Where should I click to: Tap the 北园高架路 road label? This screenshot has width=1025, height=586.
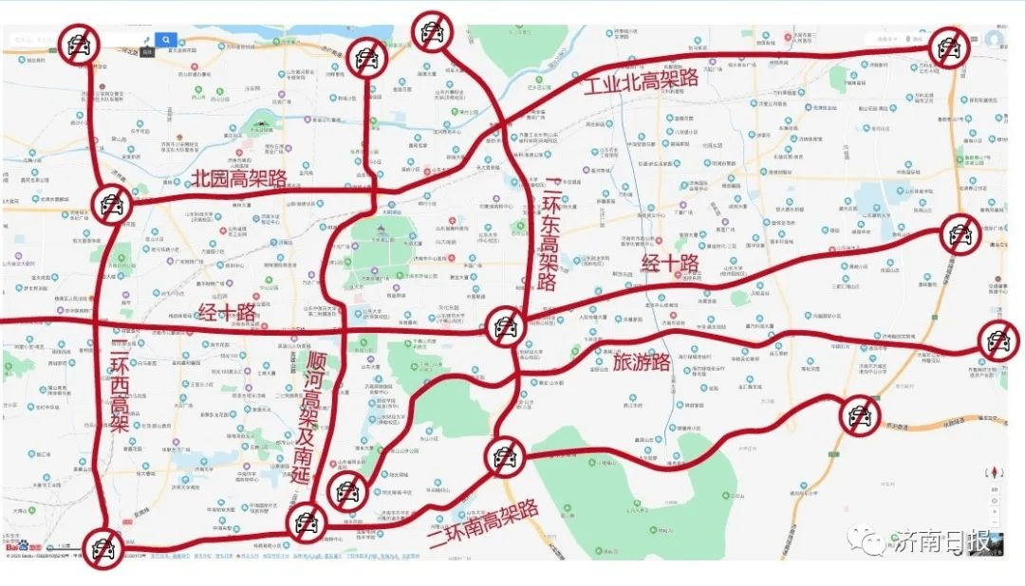click(x=239, y=177)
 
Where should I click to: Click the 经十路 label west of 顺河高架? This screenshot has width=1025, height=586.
click(x=227, y=312)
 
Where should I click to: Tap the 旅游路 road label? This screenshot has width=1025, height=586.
click(x=642, y=361)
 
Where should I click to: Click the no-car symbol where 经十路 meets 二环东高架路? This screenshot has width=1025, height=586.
click(x=506, y=327)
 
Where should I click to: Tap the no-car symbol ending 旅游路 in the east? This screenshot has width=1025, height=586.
click(x=997, y=340)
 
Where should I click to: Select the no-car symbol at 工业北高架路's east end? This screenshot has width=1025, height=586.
click(x=948, y=47)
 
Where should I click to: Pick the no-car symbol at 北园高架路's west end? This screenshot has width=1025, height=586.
click(x=111, y=202)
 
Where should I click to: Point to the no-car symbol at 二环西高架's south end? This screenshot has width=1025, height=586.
click(x=102, y=548)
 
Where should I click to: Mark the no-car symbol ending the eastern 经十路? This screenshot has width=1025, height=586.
click(x=960, y=233)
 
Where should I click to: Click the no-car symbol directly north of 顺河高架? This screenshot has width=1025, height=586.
click(x=366, y=58)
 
